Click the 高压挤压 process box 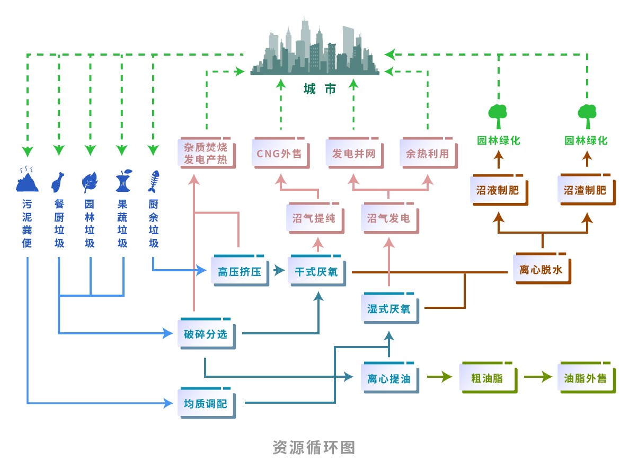240,272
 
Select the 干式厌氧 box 316,272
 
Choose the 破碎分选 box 206,334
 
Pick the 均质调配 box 206,403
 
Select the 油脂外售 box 586,378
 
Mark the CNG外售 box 280,154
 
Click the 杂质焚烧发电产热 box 206,153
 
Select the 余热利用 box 428,154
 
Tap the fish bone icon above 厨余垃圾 154,181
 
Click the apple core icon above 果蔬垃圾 123,181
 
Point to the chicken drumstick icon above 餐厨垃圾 58,182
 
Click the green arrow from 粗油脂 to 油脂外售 537,377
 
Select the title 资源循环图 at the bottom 314,447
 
